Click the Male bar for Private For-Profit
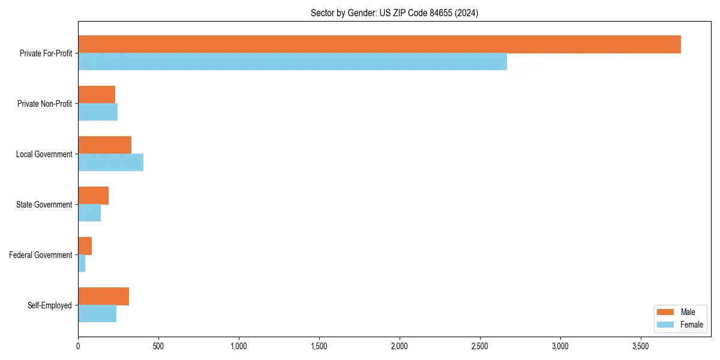[379, 44]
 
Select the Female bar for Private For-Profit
[292, 62]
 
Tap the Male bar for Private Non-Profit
[97, 95]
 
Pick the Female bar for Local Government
[110, 163]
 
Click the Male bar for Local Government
[104, 145]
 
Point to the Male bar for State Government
[93, 196]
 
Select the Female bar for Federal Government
[82, 263]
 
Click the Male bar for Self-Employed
[103, 296]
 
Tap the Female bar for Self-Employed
[97, 314]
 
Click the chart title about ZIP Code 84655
[394, 13]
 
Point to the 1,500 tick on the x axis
[319, 346]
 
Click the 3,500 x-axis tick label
[641, 346]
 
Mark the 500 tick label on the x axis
[158, 346]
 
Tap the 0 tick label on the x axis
[78, 346]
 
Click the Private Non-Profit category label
[44, 104]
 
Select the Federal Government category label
[41, 255]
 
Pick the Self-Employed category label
[50, 305]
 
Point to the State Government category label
[44, 205]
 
